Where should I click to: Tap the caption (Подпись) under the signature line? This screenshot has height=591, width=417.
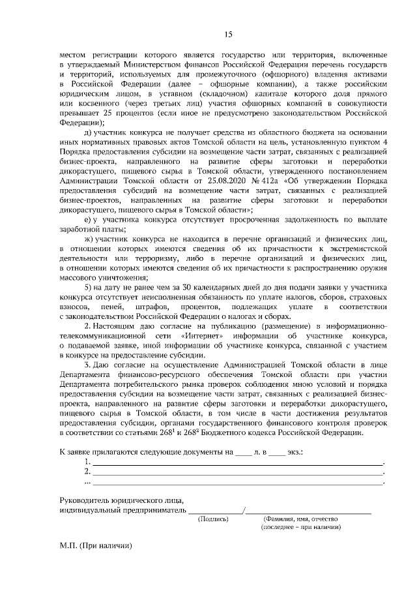click(213, 520)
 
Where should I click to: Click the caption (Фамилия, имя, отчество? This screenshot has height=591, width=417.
click(301, 520)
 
